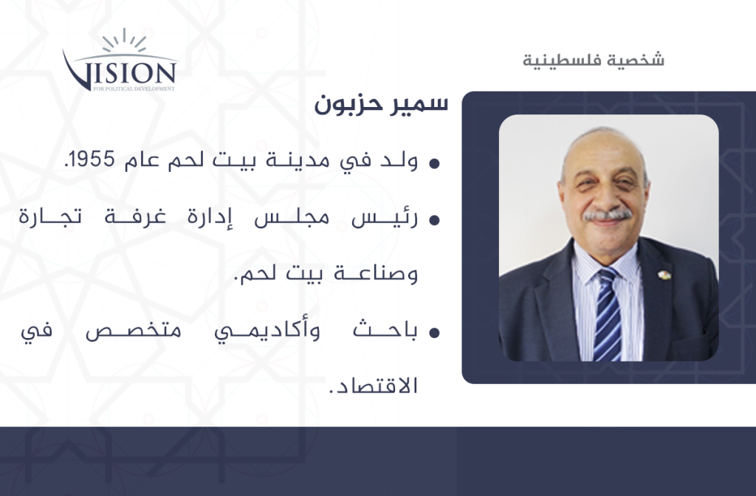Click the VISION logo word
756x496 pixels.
click(120, 72)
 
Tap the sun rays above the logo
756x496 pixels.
click(124, 40)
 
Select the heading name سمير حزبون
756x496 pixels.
click(381, 104)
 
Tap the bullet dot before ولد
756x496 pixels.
click(434, 163)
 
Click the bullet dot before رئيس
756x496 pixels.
click(434, 220)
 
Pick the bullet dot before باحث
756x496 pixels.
click(434, 332)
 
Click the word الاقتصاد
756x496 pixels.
click(373, 385)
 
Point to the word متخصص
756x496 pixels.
click(133, 331)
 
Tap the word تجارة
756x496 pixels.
click(50, 218)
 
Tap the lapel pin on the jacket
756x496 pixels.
click(664, 275)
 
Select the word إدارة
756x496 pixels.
click(210, 218)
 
